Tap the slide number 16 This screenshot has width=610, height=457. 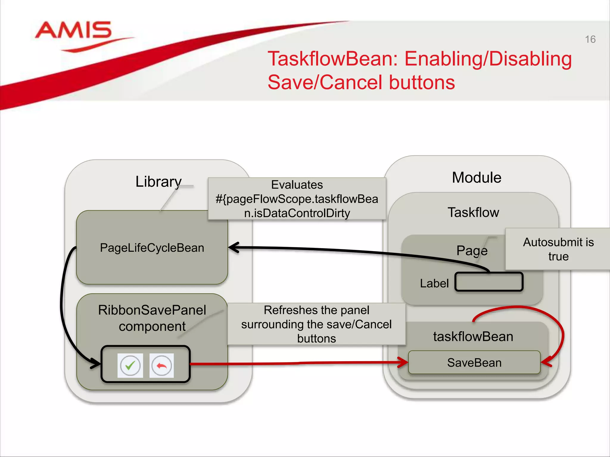pyautogui.click(x=590, y=40)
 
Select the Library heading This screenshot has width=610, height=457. pyautogui.click(x=158, y=181)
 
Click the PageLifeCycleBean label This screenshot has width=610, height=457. pyautogui.click(x=152, y=248)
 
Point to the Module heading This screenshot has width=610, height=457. pyautogui.click(x=476, y=178)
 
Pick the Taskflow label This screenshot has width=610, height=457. pyautogui.click(x=473, y=212)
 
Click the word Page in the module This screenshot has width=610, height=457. pyautogui.click(x=472, y=251)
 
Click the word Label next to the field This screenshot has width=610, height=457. pyautogui.click(x=434, y=284)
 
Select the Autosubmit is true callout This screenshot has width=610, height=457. pyautogui.click(x=558, y=249)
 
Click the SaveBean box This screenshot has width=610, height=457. pyautogui.click(x=474, y=363)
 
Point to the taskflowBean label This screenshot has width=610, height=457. pyautogui.click(x=473, y=337)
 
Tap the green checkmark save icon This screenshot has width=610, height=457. pyautogui.click(x=130, y=365)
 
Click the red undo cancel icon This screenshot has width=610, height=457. pyautogui.click(x=161, y=365)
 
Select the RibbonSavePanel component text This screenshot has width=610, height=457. pyautogui.click(x=152, y=318)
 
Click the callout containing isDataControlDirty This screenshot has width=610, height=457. pyautogui.click(x=297, y=199)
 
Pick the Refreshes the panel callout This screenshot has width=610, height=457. pyautogui.click(x=316, y=324)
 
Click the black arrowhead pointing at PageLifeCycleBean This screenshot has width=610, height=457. pyautogui.click(x=234, y=248)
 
